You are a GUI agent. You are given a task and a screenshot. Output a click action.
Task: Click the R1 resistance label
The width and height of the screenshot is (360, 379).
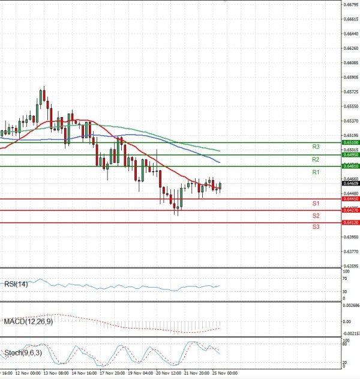tap(316, 172)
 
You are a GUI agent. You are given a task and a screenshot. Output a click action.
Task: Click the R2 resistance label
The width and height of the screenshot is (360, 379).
tap(316, 159)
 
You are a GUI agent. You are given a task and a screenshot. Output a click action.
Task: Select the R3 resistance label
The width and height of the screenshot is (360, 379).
tap(316, 147)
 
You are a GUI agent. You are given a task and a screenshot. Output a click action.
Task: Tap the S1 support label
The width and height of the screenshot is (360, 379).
tap(316, 204)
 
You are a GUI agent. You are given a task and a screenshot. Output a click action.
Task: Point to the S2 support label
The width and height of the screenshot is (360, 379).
tap(316, 215)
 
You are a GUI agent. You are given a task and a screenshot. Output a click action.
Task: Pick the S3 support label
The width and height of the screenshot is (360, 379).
tap(316, 226)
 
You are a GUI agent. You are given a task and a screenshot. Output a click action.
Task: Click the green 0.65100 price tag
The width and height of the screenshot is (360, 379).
tap(350, 143)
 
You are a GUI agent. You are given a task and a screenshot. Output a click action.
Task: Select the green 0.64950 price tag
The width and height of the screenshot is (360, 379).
tap(350, 155)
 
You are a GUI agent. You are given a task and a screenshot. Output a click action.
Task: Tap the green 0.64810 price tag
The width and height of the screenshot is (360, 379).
tap(350, 166)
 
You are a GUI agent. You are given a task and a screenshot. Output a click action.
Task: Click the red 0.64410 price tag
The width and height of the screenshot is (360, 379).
tap(350, 199)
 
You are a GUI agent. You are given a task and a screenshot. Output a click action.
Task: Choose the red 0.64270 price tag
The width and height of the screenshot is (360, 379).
tap(350, 210)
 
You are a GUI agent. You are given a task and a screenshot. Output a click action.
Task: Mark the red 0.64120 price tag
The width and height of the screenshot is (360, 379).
tap(350, 223)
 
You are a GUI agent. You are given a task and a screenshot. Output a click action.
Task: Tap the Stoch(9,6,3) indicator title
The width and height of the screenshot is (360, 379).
tap(21, 353)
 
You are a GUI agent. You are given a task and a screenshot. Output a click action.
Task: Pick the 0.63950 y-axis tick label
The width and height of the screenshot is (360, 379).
tap(351, 237)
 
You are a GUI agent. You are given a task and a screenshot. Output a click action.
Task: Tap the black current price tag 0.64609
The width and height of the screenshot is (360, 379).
tap(350, 183)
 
